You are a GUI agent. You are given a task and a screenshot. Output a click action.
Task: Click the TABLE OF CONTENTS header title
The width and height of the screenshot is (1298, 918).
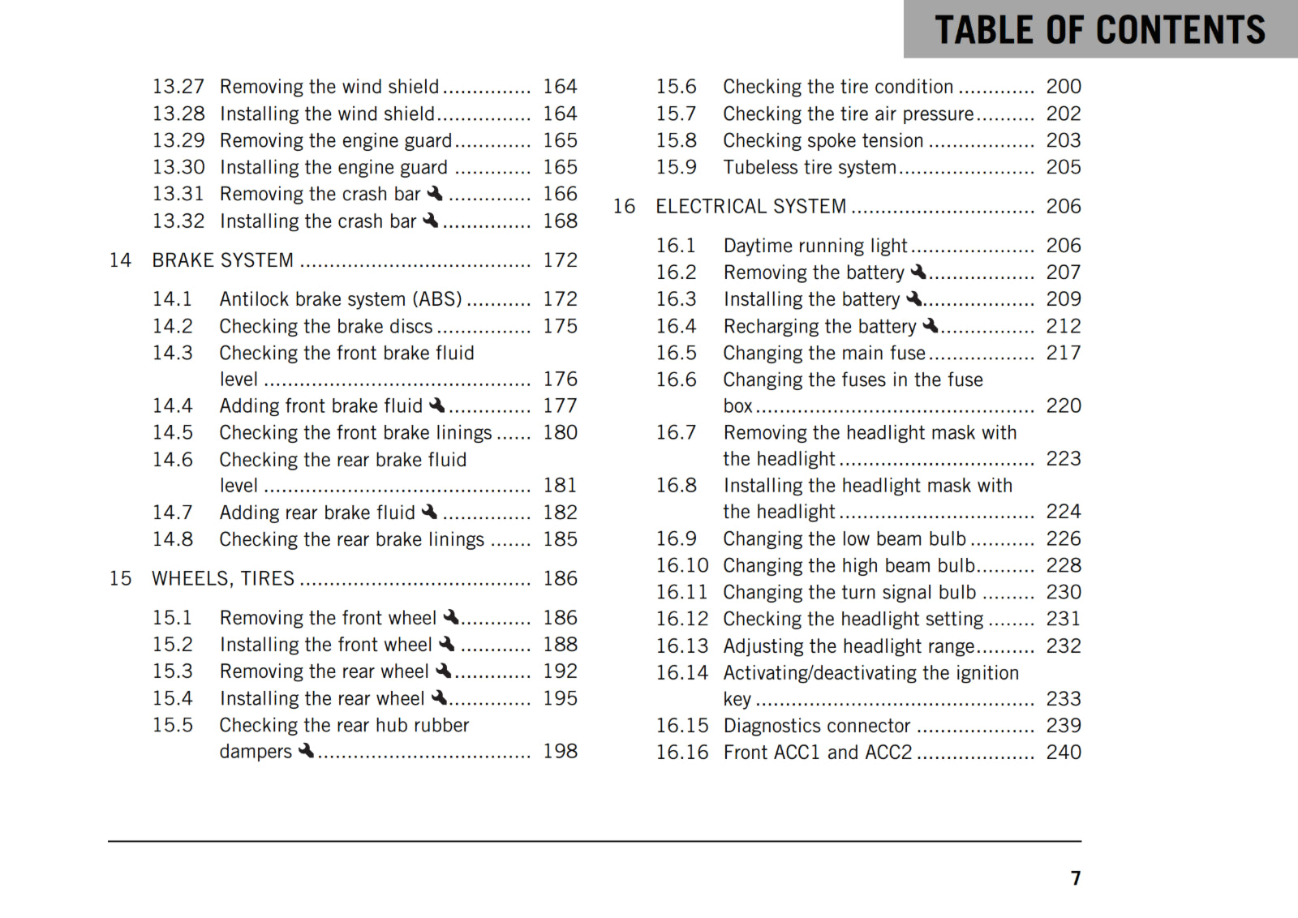point(1099,30)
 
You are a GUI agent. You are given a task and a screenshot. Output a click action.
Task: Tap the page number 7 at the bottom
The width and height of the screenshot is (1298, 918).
point(1076,878)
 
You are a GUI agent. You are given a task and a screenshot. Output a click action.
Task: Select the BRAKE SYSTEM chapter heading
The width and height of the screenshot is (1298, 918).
point(223,260)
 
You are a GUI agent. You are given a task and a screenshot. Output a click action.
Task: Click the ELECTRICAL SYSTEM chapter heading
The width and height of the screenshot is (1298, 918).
point(751,207)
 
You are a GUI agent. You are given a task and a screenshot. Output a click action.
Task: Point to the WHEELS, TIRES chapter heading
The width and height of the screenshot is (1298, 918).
point(223,579)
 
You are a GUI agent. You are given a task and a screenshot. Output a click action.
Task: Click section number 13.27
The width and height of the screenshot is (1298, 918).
point(178,87)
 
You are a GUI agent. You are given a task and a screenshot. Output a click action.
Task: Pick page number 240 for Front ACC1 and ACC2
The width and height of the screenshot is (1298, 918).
point(1064,753)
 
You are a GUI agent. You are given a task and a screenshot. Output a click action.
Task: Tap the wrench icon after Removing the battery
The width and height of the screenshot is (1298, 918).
point(918,272)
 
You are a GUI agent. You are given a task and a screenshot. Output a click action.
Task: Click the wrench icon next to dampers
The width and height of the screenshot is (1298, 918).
point(306,751)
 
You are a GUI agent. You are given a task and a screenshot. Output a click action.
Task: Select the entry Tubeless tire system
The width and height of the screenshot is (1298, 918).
point(810,167)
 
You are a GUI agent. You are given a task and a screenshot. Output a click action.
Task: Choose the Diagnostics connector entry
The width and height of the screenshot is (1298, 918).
point(817,726)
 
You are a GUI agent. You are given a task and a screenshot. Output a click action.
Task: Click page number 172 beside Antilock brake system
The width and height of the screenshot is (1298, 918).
point(561,299)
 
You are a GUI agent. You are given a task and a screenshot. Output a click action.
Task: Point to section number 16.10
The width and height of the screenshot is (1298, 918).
point(682,565)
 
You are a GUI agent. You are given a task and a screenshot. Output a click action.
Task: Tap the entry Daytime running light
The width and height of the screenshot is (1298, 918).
point(815,246)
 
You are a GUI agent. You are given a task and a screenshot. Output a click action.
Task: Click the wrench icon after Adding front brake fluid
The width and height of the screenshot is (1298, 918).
point(437,405)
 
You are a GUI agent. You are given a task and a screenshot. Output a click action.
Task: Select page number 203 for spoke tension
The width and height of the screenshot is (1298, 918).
point(1064,140)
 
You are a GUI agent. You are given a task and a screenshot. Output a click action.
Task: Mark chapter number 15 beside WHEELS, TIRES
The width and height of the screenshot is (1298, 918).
point(121,579)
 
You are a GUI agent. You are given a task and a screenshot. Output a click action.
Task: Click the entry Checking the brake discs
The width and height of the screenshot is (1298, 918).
point(326,326)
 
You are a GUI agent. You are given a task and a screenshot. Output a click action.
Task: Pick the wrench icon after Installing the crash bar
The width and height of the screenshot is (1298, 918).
point(431,221)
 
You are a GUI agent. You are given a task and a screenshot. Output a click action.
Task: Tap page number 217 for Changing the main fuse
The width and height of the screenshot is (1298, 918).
point(1064,353)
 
